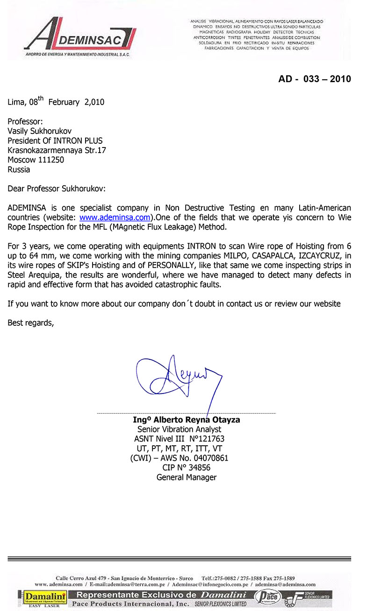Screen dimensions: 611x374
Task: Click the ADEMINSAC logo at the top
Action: (x=79, y=37)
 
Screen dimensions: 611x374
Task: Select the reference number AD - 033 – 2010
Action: (x=314, y=79)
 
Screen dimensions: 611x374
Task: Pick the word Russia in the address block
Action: (x=19, y=169)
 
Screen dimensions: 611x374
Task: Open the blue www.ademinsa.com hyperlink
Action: (x=115, y=218)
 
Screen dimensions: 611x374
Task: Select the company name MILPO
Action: (x=225, y=256)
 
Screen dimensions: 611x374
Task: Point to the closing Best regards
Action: (x=31, y=323)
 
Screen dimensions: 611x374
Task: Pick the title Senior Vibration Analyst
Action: (x=180, y=429)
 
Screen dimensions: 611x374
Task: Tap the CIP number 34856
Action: (x=196, y=468)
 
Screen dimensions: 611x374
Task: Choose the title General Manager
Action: (x=187, y=478)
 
